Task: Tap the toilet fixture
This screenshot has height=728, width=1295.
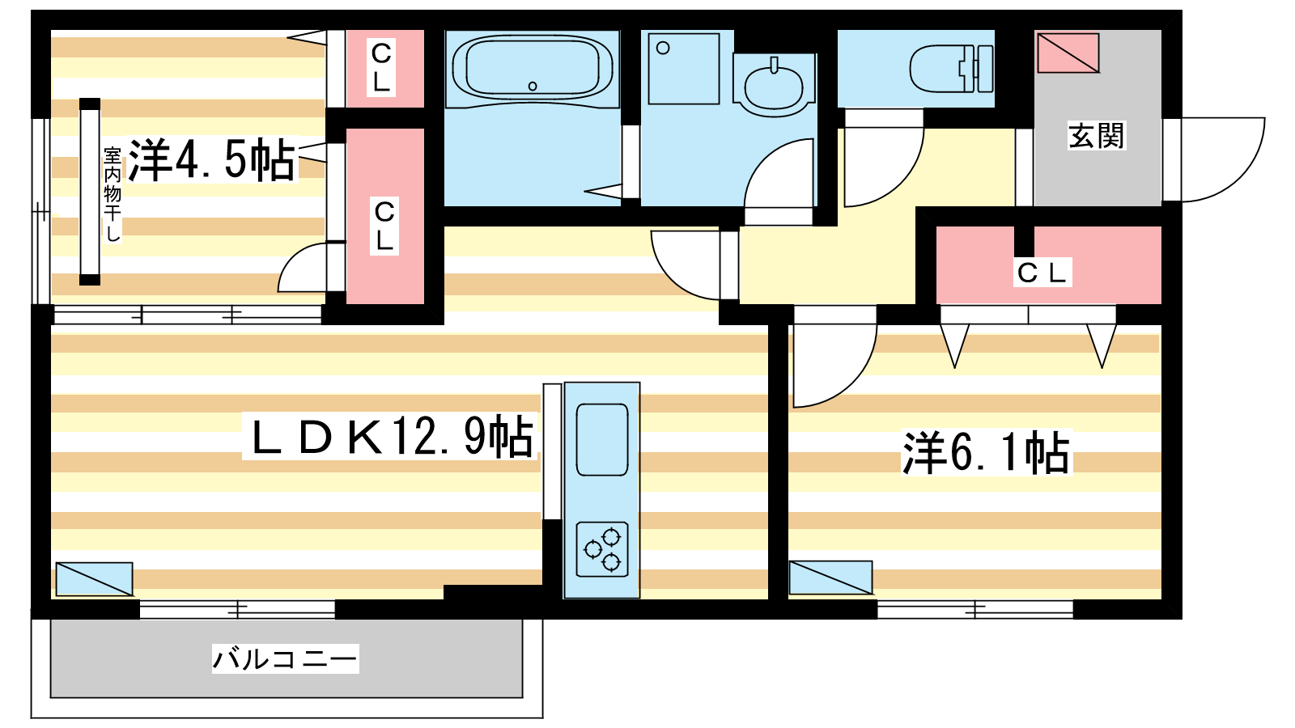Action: pyautogui.click(x=952, y=68)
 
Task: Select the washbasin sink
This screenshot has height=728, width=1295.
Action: pyautogui.click(x=774, y=85)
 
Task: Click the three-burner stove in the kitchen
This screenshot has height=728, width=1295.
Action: pyautogui.click(x=602, y=549)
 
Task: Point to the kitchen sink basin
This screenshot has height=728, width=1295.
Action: pyautogui.click(x=602, y=440)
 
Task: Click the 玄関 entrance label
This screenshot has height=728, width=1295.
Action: pyautogui.click(x=1096, y=136)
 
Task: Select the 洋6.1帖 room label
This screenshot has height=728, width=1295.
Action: pyautogui.click(x=987, y=453)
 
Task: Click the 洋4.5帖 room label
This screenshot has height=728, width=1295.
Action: pyautogui.click(x=211, y=159)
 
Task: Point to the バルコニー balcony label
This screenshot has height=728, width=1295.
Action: pyautogui.click(x=285, y=658)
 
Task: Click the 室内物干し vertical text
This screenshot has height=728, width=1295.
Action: pyautogui.click(x=113, y=195)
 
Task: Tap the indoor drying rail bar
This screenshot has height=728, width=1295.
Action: pyautogui.click(x=90, y=192)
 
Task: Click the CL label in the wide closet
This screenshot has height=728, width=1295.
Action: pyautogui.click(x=1042, y=273)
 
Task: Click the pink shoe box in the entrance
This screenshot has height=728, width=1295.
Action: pyautogui.click(x=1068, y=53)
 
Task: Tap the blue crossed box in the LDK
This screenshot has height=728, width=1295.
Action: pyautogui.click(x=94, y=579)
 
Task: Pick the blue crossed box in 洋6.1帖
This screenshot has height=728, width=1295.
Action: pyautogui.click(x=830, y=578)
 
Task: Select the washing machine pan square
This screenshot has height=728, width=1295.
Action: pyautogui.click(x=684, y=69)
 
